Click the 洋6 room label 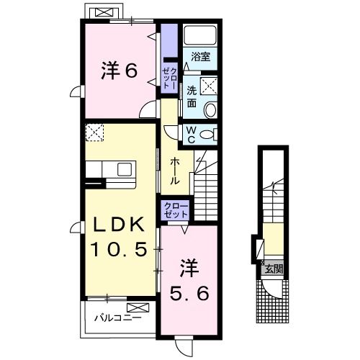coord(120,71)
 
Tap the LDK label coord(119,225)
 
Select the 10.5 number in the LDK coord(119,249)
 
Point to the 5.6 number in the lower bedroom coord(189,293)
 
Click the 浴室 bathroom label coord(201,57)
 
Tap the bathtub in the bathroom coord(200,35)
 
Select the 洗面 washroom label coord(192,96)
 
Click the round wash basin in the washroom coord(210,109)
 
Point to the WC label coord(191,135)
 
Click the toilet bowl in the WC coord(208,135)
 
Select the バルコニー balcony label coord(117,318)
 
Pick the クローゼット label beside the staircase coord(176,210)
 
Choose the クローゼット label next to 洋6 coord(170,78)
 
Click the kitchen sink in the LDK coord(125,169)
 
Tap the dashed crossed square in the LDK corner coord(94,132)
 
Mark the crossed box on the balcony coord(138,307)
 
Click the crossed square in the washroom coord(209,86)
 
